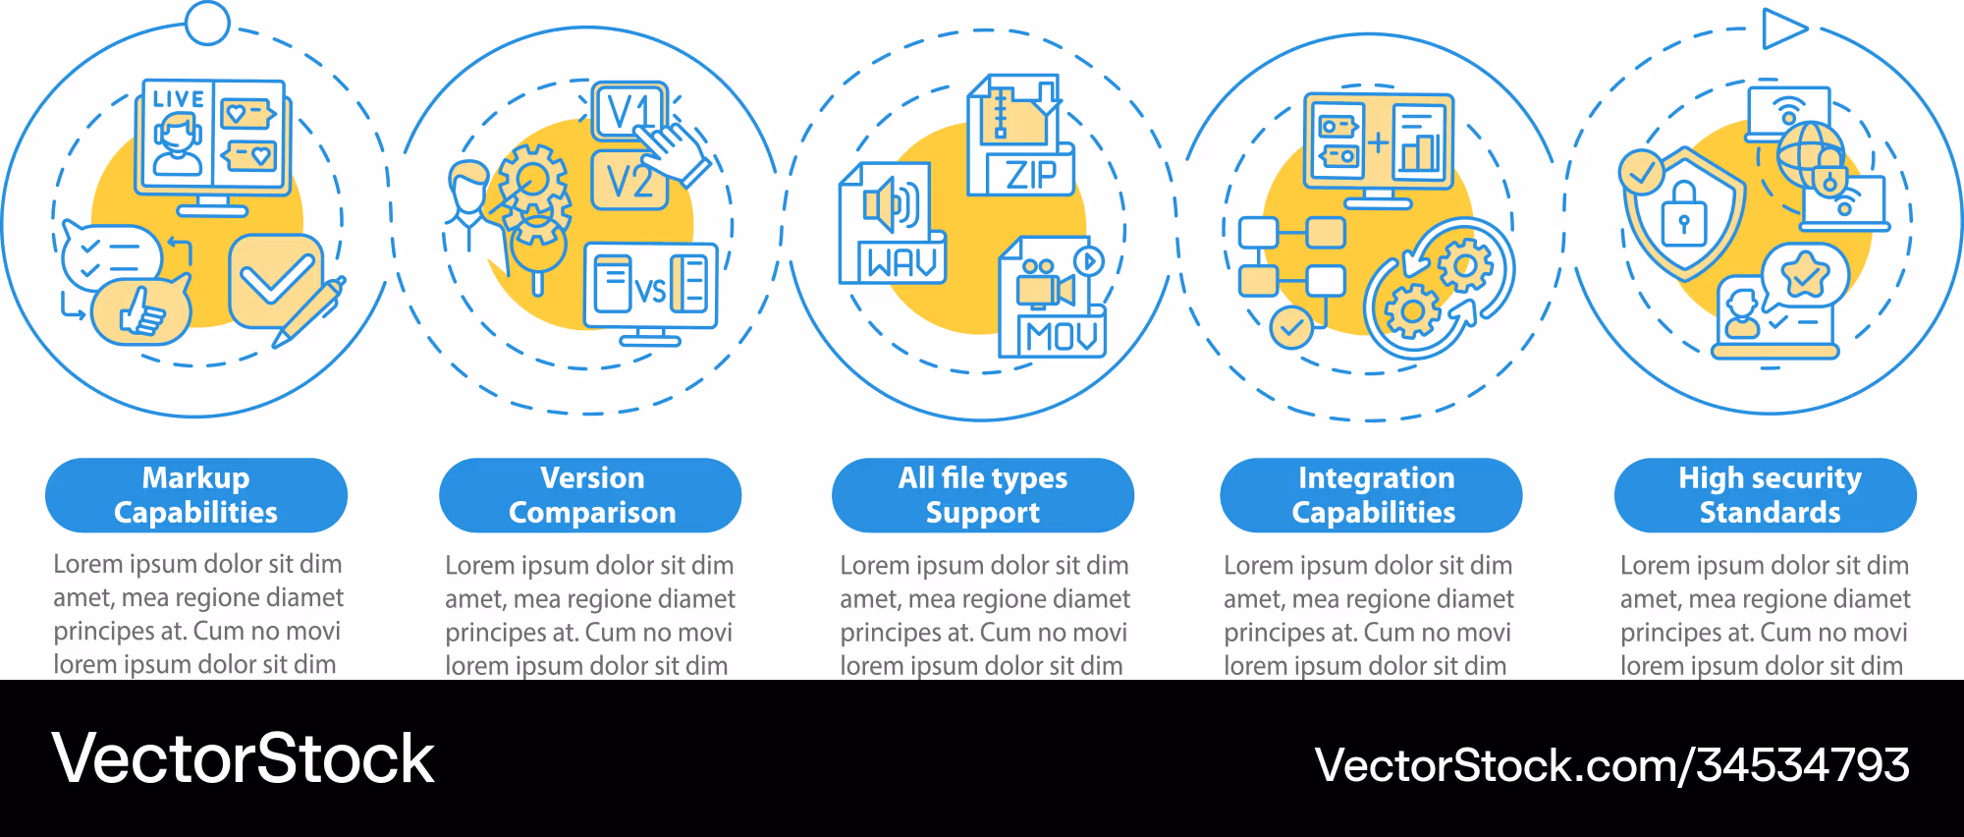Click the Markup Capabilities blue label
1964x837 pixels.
[x=196, y=495]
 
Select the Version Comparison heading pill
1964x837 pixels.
[x=590, y=495]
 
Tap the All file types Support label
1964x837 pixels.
[x=983, y=495]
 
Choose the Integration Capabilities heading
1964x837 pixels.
[x=1371, y=495]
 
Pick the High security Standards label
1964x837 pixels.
[x=1766, y=495]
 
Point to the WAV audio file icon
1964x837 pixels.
[x=892, y=224]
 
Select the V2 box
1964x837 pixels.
[x=629, y=181]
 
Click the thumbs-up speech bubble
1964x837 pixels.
[x=141, y=310]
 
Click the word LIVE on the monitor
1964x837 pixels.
[x=179, y=99]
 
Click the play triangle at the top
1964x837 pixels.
[x=1783, y=28]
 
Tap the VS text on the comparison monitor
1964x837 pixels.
[x=650, y=290]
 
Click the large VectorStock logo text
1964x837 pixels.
[x=243, y=758]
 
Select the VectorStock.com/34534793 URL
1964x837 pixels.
[x=1612, y=765]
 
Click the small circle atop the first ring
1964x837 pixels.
[x=207, y=23]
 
